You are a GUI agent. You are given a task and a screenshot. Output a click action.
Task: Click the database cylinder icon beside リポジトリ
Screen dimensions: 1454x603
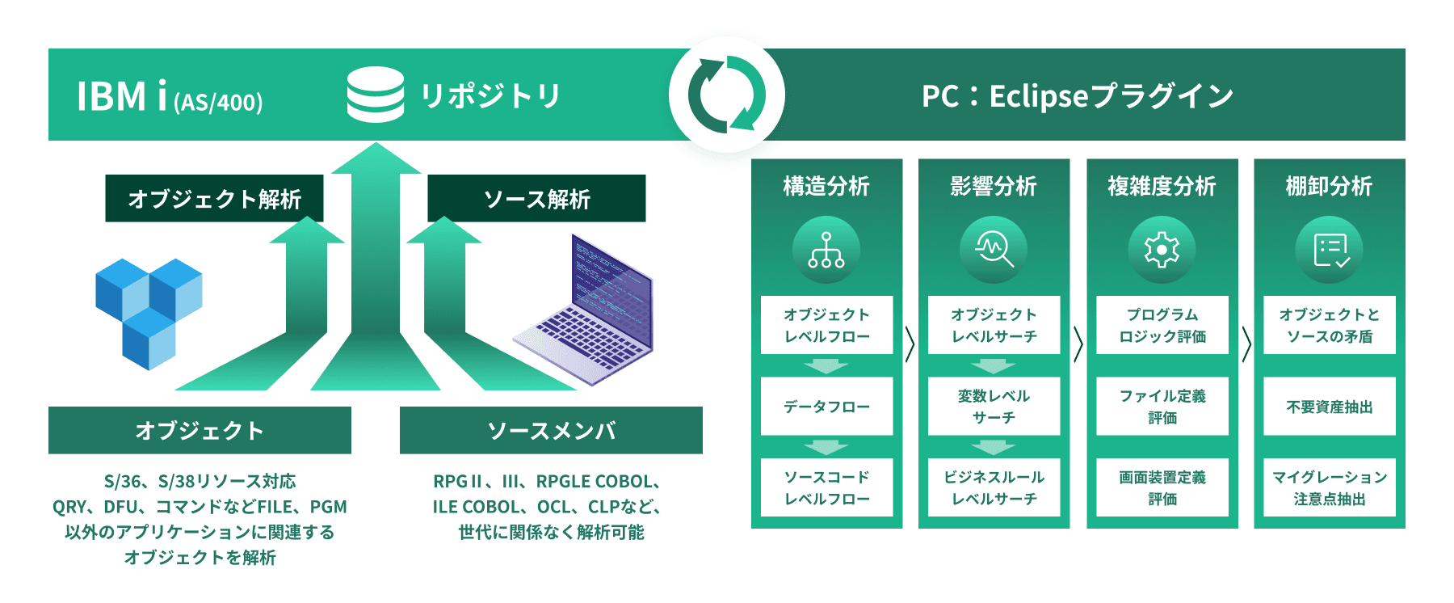click(x=376, y=95)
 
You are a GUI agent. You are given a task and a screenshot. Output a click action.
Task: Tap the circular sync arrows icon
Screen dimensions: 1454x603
click(x=727, y=95)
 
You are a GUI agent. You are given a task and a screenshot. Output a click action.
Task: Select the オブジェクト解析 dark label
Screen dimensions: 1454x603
click(x=214, y=198)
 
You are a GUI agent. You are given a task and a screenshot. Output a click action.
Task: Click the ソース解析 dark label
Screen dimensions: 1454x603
click(x=536, y=198)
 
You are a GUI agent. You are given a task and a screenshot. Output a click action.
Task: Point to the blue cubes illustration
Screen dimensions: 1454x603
click(x=149, y=314)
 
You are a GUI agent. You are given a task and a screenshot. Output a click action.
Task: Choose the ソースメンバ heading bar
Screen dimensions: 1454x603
click(x=551, y=430)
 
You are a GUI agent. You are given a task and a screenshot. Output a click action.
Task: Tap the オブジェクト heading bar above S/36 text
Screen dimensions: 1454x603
click(x=200, y=430)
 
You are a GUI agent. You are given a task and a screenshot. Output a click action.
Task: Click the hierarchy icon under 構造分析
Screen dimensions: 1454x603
click(x=826, y=250)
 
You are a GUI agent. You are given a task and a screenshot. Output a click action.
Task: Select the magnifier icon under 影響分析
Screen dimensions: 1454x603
click(x=994, y=250)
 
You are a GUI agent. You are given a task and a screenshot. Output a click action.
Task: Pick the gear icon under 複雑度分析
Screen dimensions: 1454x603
click(x=1162, y=250)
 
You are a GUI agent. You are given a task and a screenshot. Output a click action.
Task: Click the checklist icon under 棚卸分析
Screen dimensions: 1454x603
click(x=1329, y=250)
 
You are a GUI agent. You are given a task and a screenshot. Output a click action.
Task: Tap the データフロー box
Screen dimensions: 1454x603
click(x=826, y=407)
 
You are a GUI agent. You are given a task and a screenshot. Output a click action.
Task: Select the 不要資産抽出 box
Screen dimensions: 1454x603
click(x=1330, y=407)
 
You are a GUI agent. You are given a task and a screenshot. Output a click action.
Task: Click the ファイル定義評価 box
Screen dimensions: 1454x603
click(x=1162, y=407)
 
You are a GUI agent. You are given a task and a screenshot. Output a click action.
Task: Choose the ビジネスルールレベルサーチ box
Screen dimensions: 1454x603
click(x=994, y=487)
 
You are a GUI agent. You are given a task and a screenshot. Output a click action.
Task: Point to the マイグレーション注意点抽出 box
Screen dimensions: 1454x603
click(x=1330, y=487)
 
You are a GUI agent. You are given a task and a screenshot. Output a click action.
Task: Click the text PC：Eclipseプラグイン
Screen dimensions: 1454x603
click(x=1078, y=95)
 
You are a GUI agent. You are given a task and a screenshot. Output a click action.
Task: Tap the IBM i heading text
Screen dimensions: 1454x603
click(x=170, y=96)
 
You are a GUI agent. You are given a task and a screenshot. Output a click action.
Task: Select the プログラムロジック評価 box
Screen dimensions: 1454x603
click(x=1162, y=325)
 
